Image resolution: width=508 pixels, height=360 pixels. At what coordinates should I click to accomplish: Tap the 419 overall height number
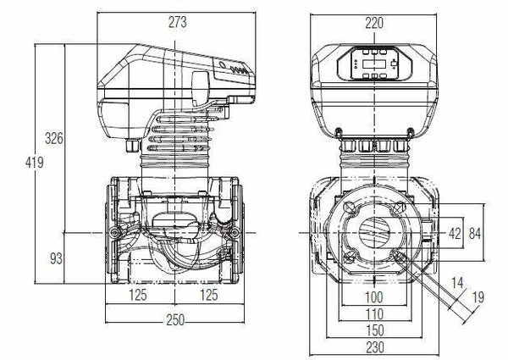coord(33,163)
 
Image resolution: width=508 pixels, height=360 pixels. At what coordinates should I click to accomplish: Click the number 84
coord(477,233)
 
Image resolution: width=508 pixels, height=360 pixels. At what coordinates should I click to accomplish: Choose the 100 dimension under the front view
coord(373,298)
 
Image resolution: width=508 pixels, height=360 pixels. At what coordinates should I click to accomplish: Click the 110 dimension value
coord(373,313)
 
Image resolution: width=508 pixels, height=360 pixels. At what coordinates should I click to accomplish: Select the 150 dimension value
coord(373,330)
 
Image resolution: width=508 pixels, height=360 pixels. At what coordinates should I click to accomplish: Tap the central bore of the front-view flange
coord(374,232)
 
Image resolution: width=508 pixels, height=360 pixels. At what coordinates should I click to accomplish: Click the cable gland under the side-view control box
coord(131,146)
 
